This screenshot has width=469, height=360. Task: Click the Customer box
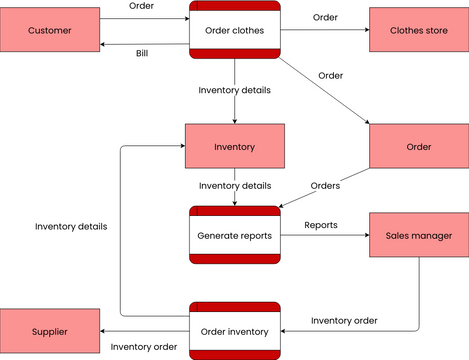point(50,30)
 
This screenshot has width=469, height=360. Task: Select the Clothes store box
point(419,30)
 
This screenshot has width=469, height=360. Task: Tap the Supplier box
point(50,330)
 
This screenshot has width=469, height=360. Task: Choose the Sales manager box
point(419,236)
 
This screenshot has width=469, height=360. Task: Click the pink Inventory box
point(235,147)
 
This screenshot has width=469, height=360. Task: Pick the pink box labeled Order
point(419,147)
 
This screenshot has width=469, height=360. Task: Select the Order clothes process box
point(235,30)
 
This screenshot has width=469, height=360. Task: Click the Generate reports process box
point(235,236)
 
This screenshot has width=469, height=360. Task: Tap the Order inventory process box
point(235,330)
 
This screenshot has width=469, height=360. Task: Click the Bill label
point(142,53)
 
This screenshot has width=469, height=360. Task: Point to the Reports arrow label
point(320,225)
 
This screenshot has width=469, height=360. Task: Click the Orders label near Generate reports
point(325,185)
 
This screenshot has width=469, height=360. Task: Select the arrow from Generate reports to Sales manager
point(325,237)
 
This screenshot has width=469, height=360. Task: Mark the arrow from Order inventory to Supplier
point(145,331)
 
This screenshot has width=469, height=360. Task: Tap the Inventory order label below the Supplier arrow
point(144,346)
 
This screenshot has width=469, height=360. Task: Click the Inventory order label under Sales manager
point(344,320)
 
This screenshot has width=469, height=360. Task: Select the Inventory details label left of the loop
point(71,226)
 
